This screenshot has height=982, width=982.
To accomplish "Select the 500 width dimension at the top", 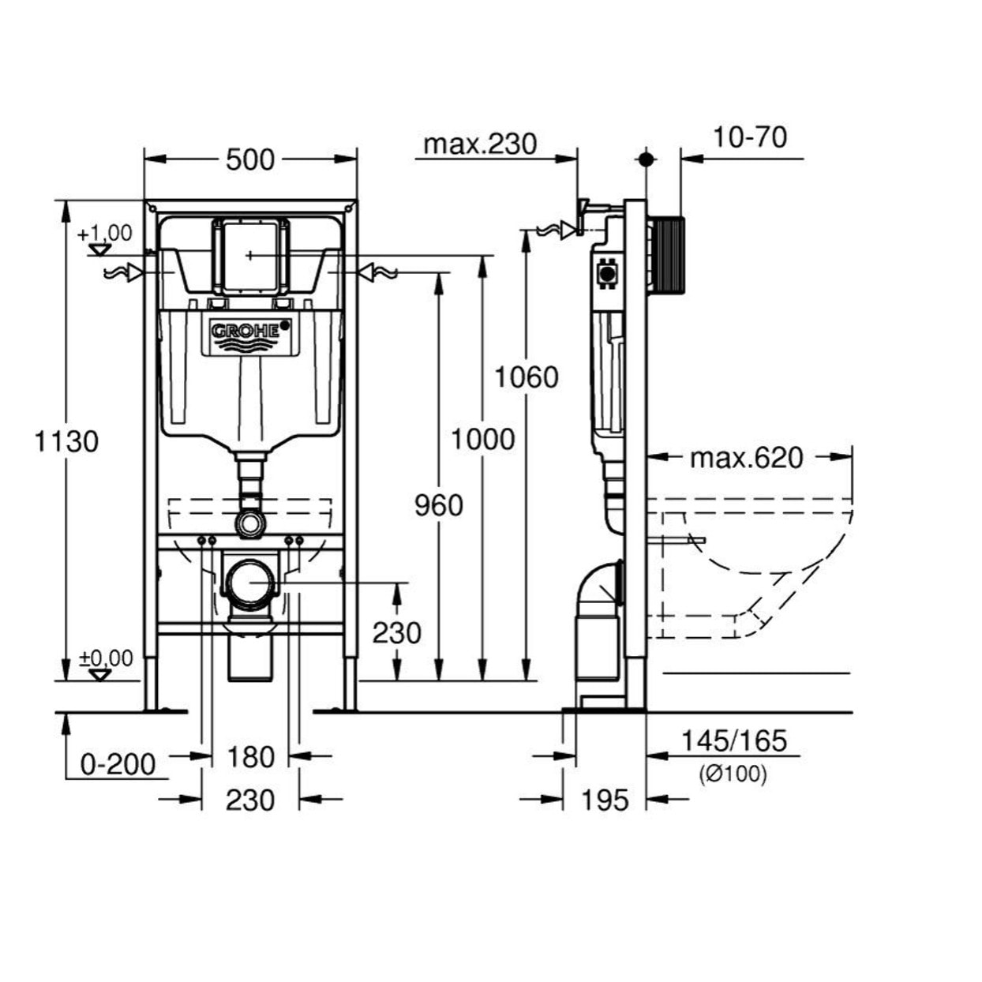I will (x=250, y=159).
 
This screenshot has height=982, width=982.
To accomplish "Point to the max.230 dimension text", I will (x=479, y=144).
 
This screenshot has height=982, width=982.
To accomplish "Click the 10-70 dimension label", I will (x=750, y=137).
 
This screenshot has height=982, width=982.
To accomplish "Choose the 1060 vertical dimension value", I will (x=526, y=377).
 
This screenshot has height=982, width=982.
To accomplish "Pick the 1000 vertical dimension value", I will (x=482, y=439).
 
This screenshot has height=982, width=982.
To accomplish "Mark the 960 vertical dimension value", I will (x=439, y=505).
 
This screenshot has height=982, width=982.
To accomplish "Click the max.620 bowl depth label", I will (x=746, y=457).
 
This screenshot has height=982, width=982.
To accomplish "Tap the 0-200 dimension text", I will (x=118, y=764).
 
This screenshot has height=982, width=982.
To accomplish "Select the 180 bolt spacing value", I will (x=250, y=757).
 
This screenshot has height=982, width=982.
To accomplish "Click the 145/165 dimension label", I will (x=734, y=740).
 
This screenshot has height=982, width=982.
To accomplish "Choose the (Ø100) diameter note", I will (x=733, y=774).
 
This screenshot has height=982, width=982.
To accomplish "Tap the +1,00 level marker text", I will (x=105, y=233).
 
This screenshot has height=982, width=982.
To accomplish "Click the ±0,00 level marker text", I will (x=106, y=658).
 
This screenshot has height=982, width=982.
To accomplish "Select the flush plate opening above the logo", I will (x=250, y=255).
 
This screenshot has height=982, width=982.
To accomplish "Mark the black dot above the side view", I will (x=647, y=159).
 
